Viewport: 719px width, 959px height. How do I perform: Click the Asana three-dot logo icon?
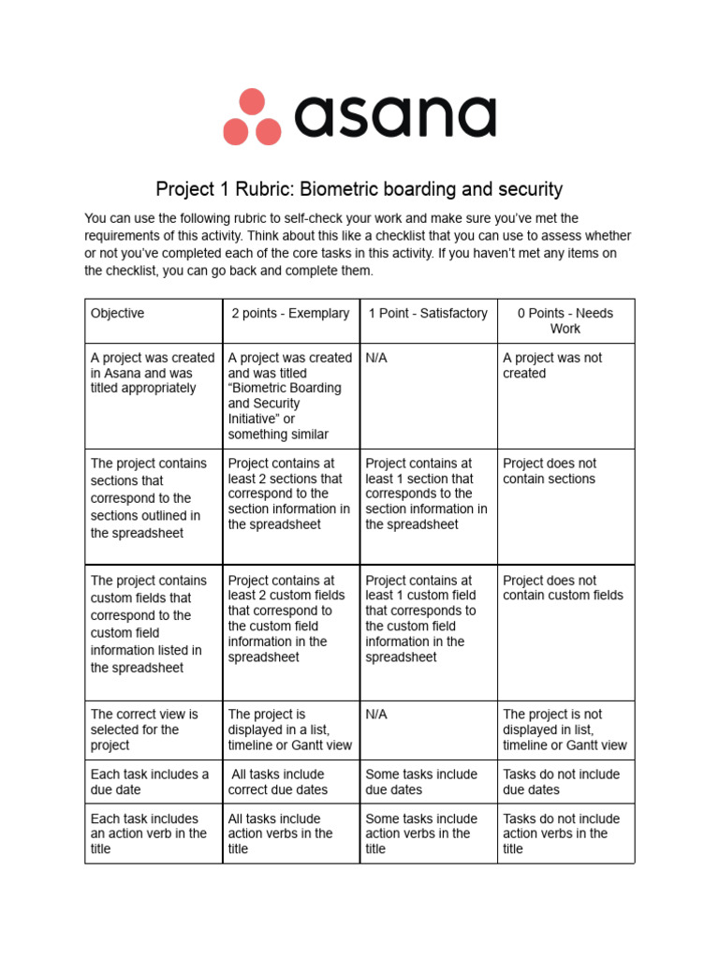(x=252, y=117)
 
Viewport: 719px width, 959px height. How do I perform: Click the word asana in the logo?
(x=395, y=118)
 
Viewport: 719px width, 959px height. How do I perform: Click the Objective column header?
(x=117, y=314)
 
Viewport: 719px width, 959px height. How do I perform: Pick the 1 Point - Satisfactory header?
(x=428, y=314)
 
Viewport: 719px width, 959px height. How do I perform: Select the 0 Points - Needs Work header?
(x=565, y=321)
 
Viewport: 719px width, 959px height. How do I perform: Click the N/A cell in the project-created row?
(x=376, y=358)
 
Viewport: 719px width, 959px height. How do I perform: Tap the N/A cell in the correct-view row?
(x=376, y=715)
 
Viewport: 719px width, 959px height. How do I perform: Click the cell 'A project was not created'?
(x=552, y=365)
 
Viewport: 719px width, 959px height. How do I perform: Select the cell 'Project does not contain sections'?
(x=550, y=471)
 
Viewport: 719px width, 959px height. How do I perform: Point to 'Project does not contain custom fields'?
(x=563, y=587)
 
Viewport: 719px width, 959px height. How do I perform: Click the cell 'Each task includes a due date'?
(x=150, y=782)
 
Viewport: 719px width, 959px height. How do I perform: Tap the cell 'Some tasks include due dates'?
(x=421, y=782)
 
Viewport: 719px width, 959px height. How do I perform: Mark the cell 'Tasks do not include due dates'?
(x=562, y=782)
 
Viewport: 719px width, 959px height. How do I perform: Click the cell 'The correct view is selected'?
(x=144, y=730)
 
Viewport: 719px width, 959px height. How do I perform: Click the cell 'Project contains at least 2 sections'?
(x=289, y=494)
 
